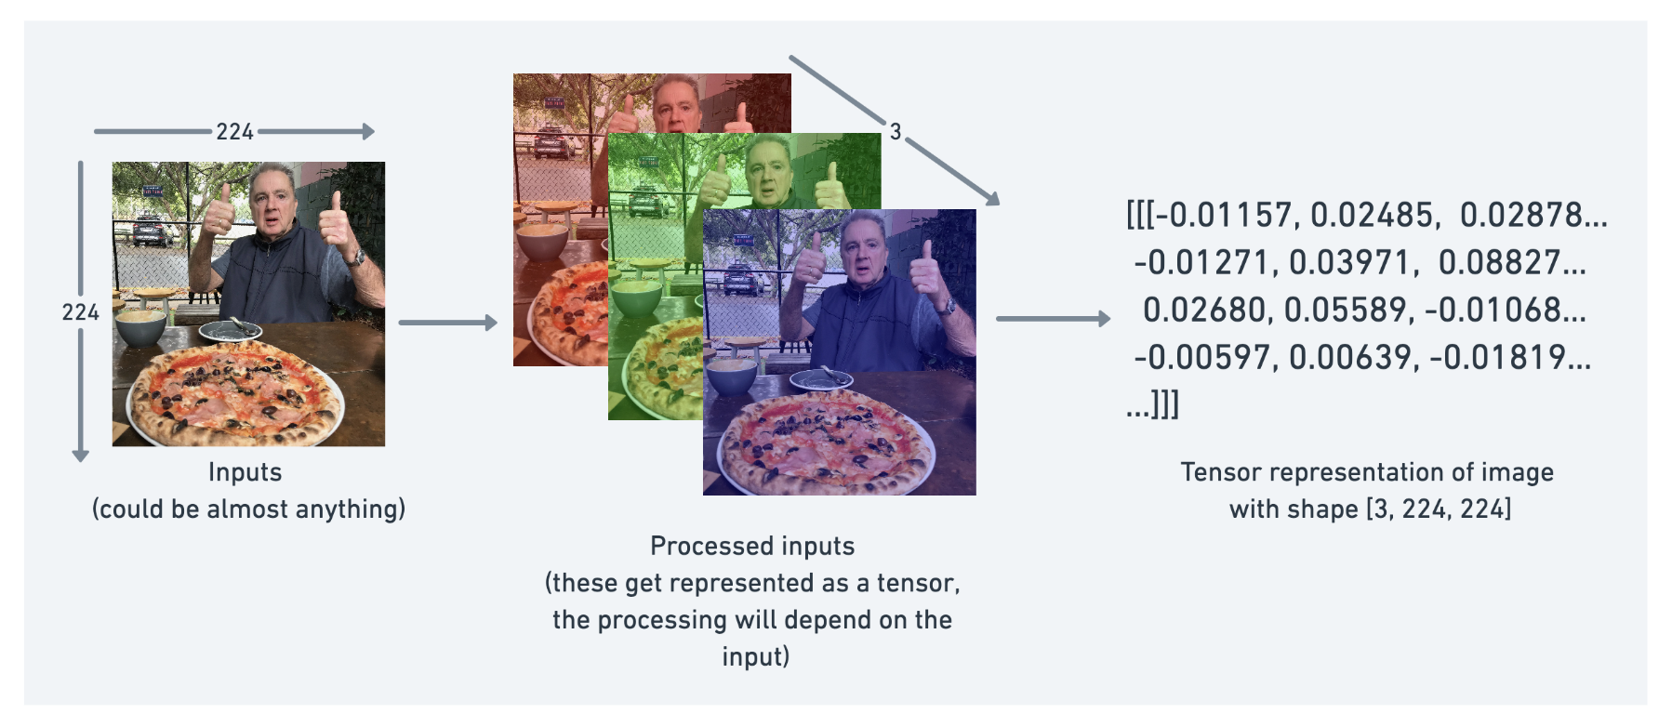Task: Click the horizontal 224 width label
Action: coord(234,132)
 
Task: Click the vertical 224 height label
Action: coord(80,312)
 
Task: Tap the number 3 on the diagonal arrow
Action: coord(896,132)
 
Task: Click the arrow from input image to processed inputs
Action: coord(448,323)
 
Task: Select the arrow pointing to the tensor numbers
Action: coord(1054,319)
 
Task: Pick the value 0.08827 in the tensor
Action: coord(1499,263)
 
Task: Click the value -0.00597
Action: coord(1202,358)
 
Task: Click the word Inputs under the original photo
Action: coord(245,472)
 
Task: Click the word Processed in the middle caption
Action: coord(705,546)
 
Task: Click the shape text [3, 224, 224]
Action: coord(1439,509)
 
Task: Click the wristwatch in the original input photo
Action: coord(355,258)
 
